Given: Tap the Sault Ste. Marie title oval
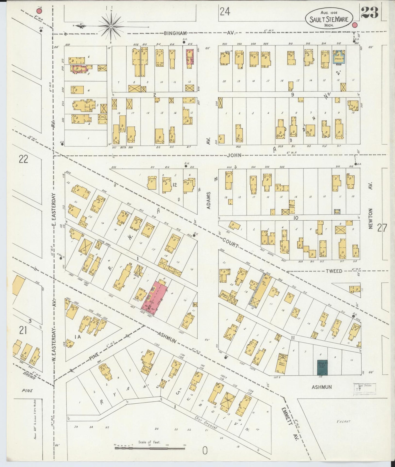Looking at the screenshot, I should click(x=329, y=18).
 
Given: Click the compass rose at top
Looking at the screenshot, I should click(x=111, y=26).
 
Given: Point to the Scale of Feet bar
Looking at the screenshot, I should click(x=150, y=448).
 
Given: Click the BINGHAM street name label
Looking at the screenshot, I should click(x=175, y=33).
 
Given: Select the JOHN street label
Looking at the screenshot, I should click(x=234, y=155).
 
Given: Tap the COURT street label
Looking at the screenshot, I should click(x=230, y=243).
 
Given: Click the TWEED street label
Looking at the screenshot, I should click(x=334, y=271).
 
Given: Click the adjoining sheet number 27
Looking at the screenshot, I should click(x=382, y=227).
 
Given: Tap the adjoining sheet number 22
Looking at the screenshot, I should click(x=23, y=159).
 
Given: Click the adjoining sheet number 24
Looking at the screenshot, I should click(x=224, y=12).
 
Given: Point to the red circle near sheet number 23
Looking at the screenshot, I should click(x=355, y=25).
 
